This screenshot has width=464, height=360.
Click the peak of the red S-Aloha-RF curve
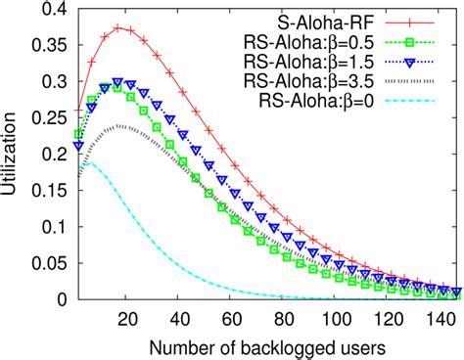(x=118, y=26)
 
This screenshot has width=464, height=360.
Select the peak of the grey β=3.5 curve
(x=118, y=125)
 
